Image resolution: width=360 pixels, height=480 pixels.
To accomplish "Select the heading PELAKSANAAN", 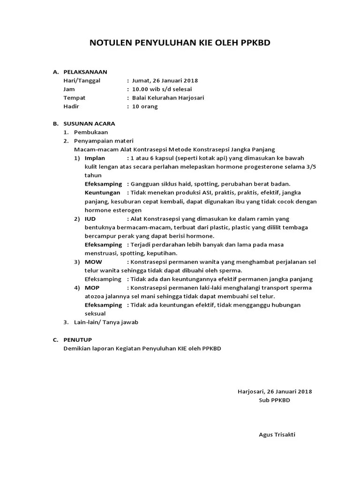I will point(85,72).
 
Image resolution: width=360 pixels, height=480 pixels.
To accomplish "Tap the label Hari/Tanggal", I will point(82,81).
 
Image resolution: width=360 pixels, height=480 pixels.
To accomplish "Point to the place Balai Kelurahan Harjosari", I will point(168,98).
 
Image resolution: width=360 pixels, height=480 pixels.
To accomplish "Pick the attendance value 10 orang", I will point(145,106).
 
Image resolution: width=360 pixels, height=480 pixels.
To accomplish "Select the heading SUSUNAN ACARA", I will point(89,124).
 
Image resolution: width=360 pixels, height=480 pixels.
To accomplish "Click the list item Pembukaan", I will point(91,132).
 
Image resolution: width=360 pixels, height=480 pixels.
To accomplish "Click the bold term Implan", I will point(95,158).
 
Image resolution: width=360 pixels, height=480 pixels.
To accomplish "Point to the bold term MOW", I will point(93,262).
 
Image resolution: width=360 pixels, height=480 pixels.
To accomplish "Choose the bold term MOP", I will point(92,287).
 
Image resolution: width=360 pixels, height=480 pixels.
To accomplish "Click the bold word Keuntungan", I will point(102,193).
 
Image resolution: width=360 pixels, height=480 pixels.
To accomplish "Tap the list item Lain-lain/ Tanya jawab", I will point(106,322).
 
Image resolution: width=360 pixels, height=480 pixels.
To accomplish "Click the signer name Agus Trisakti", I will point(277,435).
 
